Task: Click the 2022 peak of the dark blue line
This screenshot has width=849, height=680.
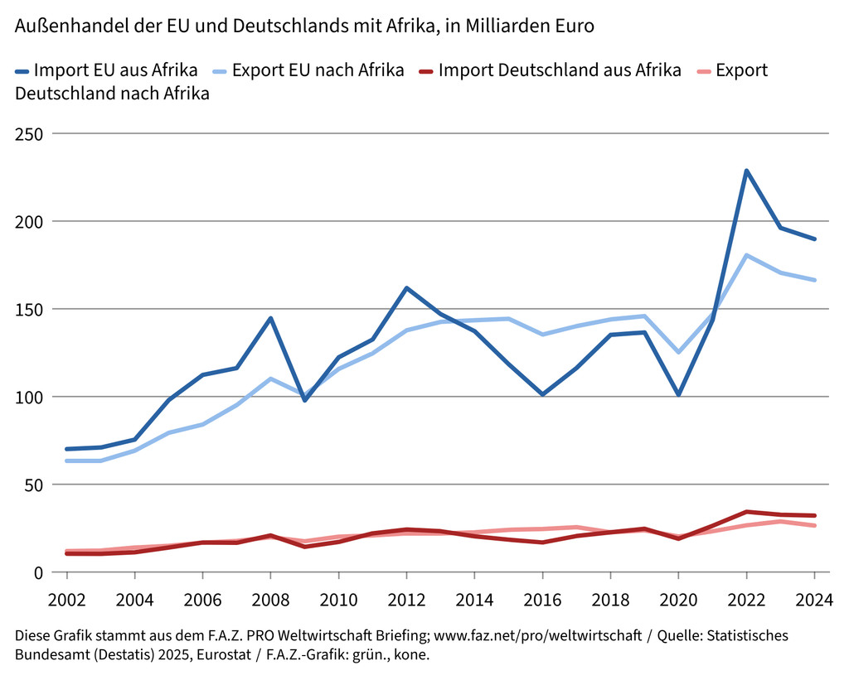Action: tap(746, 171)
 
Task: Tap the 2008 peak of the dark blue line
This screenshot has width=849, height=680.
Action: tap(270, 318)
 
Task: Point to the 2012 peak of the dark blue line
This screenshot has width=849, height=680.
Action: tap(406, 288)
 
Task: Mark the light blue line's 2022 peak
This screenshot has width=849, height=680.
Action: tap(746, 255)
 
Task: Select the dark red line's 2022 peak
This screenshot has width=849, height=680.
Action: tap(746, 512)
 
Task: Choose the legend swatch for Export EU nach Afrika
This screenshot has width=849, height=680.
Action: tap(213, 71)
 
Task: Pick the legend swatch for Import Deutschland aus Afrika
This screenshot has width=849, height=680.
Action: tap(421, 71)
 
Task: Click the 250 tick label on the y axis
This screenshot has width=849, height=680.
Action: tap(29, 133)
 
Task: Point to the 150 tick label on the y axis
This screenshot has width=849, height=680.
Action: tap(29, 309)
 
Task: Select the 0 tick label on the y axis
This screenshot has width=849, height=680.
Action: tap(39, 572)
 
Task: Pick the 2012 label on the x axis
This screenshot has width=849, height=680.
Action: tap(406, 599)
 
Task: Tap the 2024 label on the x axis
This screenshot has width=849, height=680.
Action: tap(814, 599)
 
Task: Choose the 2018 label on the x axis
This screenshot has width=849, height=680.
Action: tap(610, 599)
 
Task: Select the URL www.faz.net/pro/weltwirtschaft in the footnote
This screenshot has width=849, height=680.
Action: tap(537, 636)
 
